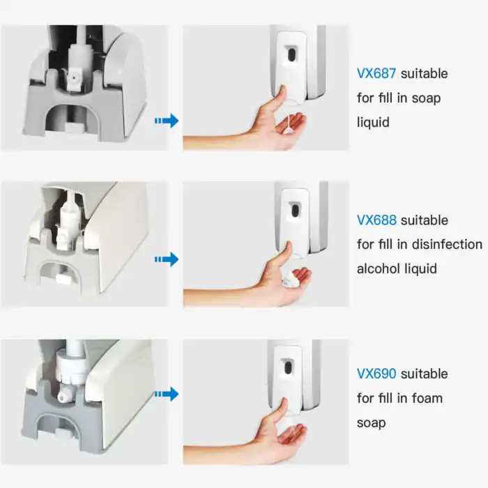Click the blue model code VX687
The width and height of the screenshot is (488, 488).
376,74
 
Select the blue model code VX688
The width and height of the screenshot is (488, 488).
376,220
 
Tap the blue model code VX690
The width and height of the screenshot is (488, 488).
376,374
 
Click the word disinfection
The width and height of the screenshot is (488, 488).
447,244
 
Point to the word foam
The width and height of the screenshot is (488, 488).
427,398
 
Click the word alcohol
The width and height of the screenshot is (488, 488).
376,268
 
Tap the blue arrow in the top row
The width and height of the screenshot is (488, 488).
167,121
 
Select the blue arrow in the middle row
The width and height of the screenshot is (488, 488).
167,259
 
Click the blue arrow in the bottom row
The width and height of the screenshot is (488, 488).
167,394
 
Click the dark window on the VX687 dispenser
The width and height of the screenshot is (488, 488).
291,53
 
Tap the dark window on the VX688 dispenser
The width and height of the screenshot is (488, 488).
294,211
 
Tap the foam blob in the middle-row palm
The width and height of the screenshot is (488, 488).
288,279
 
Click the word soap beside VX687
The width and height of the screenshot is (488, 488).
426,98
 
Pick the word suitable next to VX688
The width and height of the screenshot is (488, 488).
425,220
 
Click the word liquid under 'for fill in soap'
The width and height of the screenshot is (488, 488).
373,122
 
